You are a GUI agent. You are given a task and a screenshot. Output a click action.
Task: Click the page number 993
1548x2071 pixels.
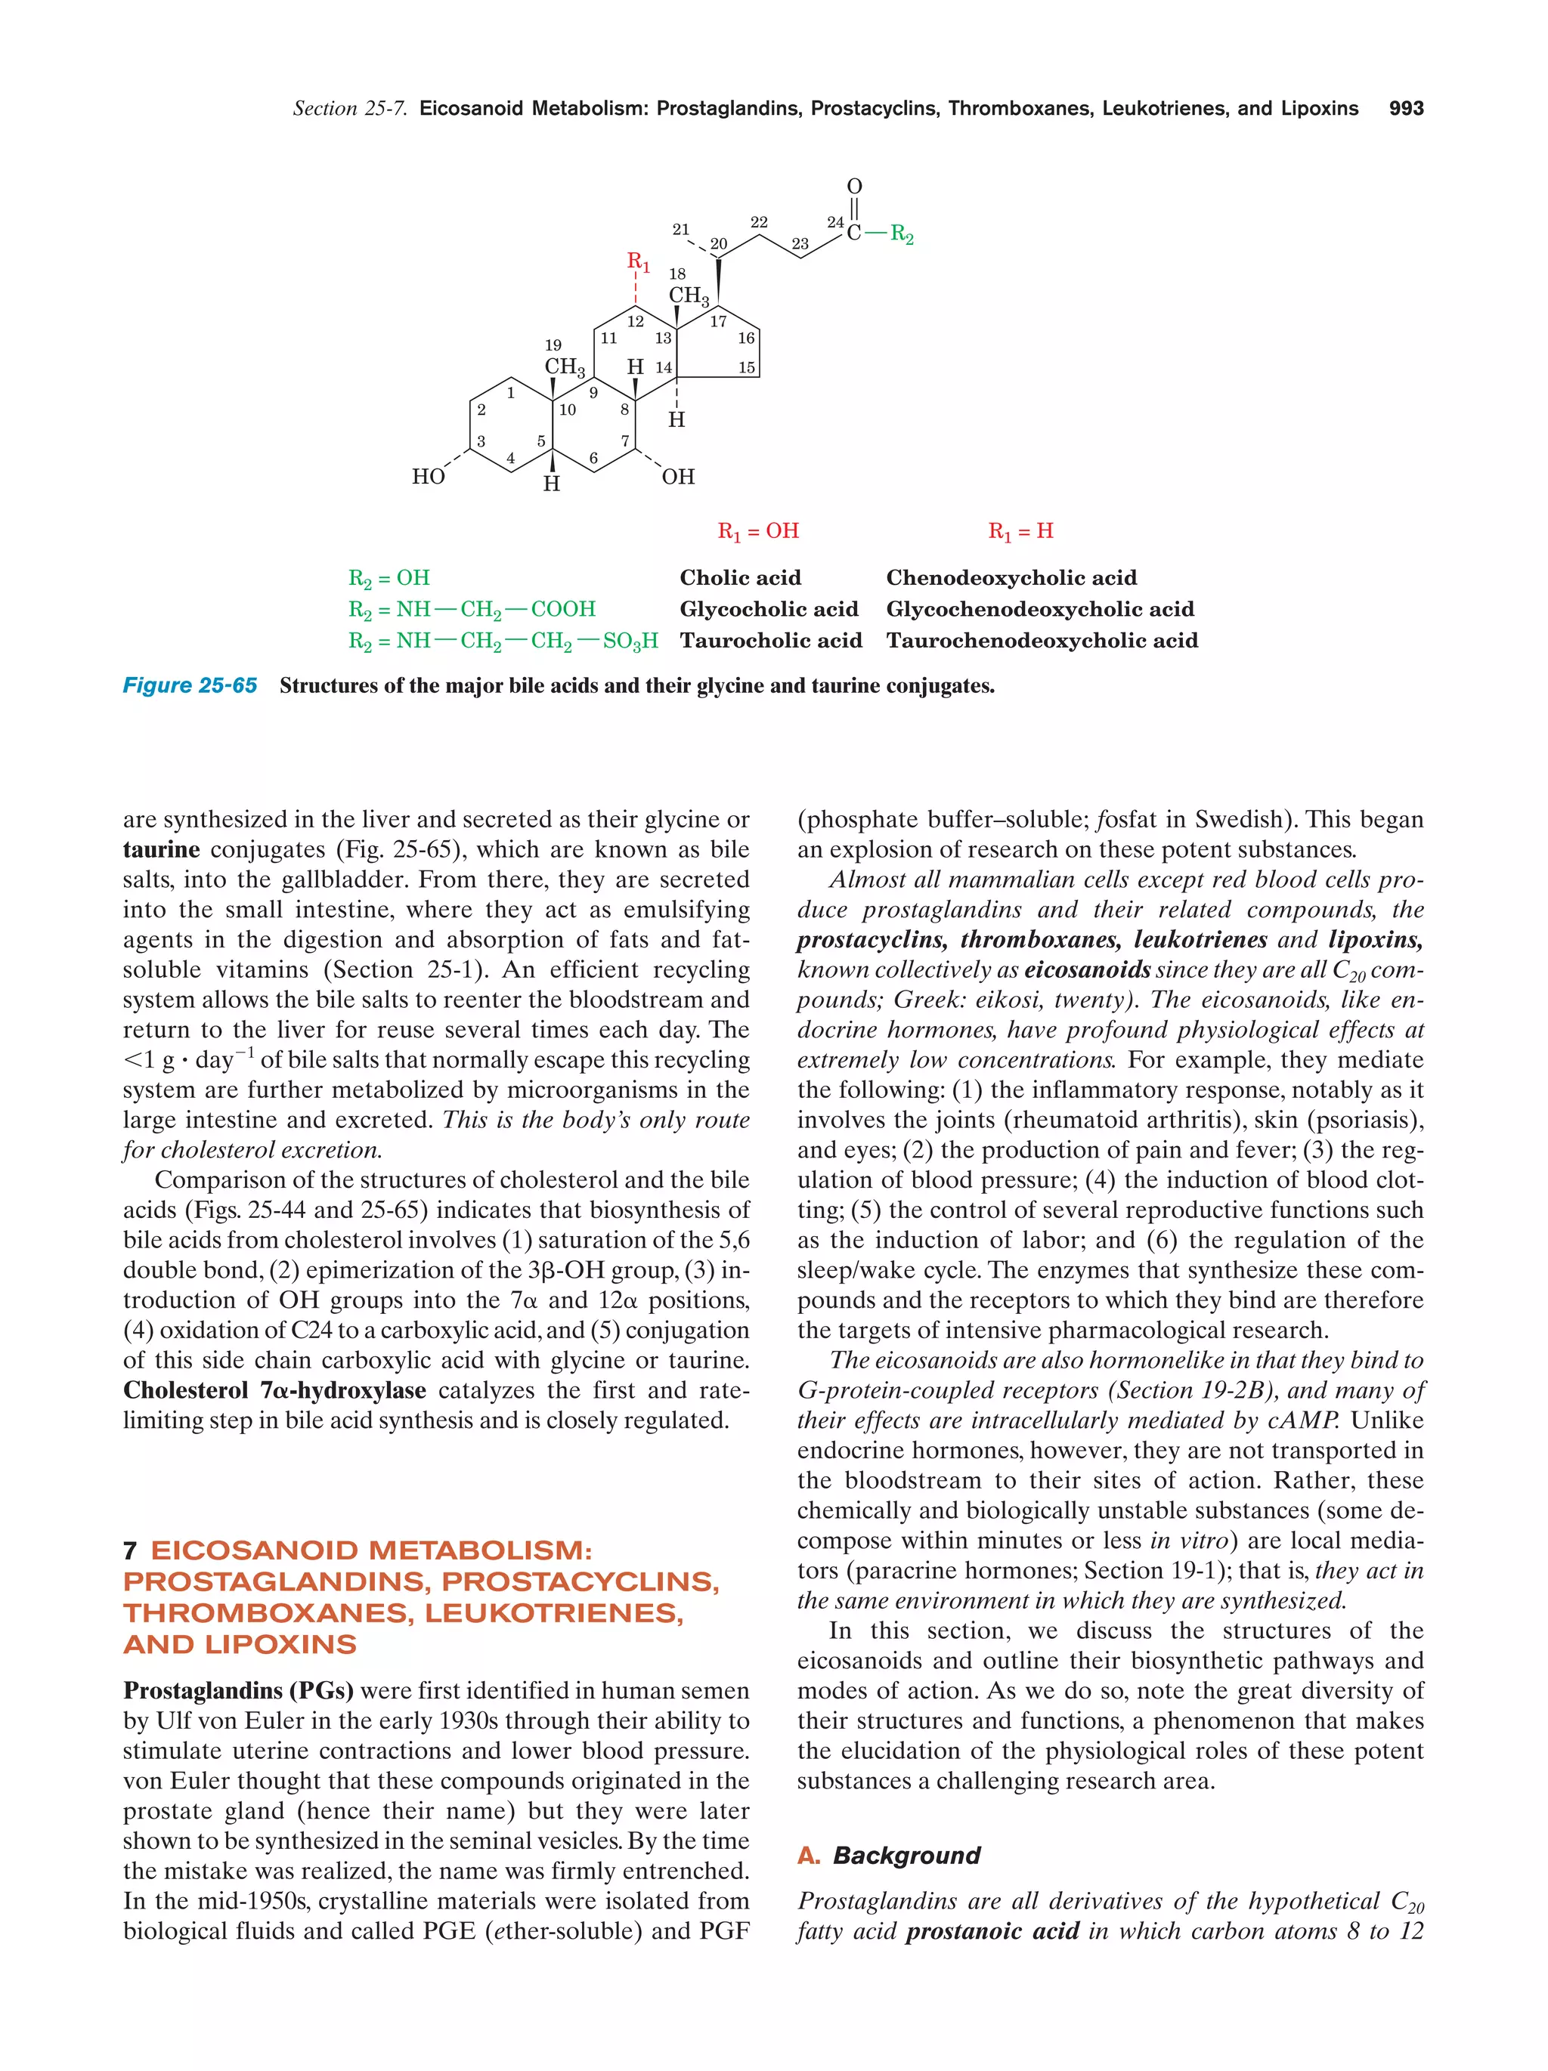pos(1406,109)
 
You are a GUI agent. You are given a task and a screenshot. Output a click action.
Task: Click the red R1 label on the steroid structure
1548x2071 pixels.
pos(638,261)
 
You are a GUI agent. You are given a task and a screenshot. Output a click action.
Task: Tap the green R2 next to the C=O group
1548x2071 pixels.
pos(901,233)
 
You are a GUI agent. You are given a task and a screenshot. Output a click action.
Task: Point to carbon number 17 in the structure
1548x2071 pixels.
pos(718,322)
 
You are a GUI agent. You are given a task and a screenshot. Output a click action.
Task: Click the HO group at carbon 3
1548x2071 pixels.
pos(428,477)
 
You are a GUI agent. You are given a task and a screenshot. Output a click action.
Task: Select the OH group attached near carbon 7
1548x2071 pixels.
pos(678,477)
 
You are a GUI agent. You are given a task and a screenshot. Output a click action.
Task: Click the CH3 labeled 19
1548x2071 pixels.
pos(565,366)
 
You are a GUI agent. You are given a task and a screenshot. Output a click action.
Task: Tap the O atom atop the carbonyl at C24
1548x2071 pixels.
pos(854,187)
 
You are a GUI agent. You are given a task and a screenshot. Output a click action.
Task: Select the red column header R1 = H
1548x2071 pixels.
pos(1020,531)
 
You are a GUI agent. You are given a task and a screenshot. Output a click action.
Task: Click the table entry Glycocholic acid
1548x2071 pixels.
pos(768,610)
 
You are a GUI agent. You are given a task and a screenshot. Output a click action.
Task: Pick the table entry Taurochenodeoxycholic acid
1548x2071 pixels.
pos(1042,641)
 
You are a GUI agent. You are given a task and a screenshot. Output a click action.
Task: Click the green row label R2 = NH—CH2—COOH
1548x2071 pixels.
pos(471,610)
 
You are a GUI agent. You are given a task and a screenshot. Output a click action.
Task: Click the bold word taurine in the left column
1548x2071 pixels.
pos(161,849)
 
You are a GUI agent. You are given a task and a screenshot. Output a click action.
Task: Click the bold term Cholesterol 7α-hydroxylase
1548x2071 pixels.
pos(274,1390)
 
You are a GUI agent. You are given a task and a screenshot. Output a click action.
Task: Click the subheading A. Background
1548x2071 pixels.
pos(889,1855)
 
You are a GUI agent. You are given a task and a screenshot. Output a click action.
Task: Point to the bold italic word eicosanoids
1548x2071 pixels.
pos(1086,970)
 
